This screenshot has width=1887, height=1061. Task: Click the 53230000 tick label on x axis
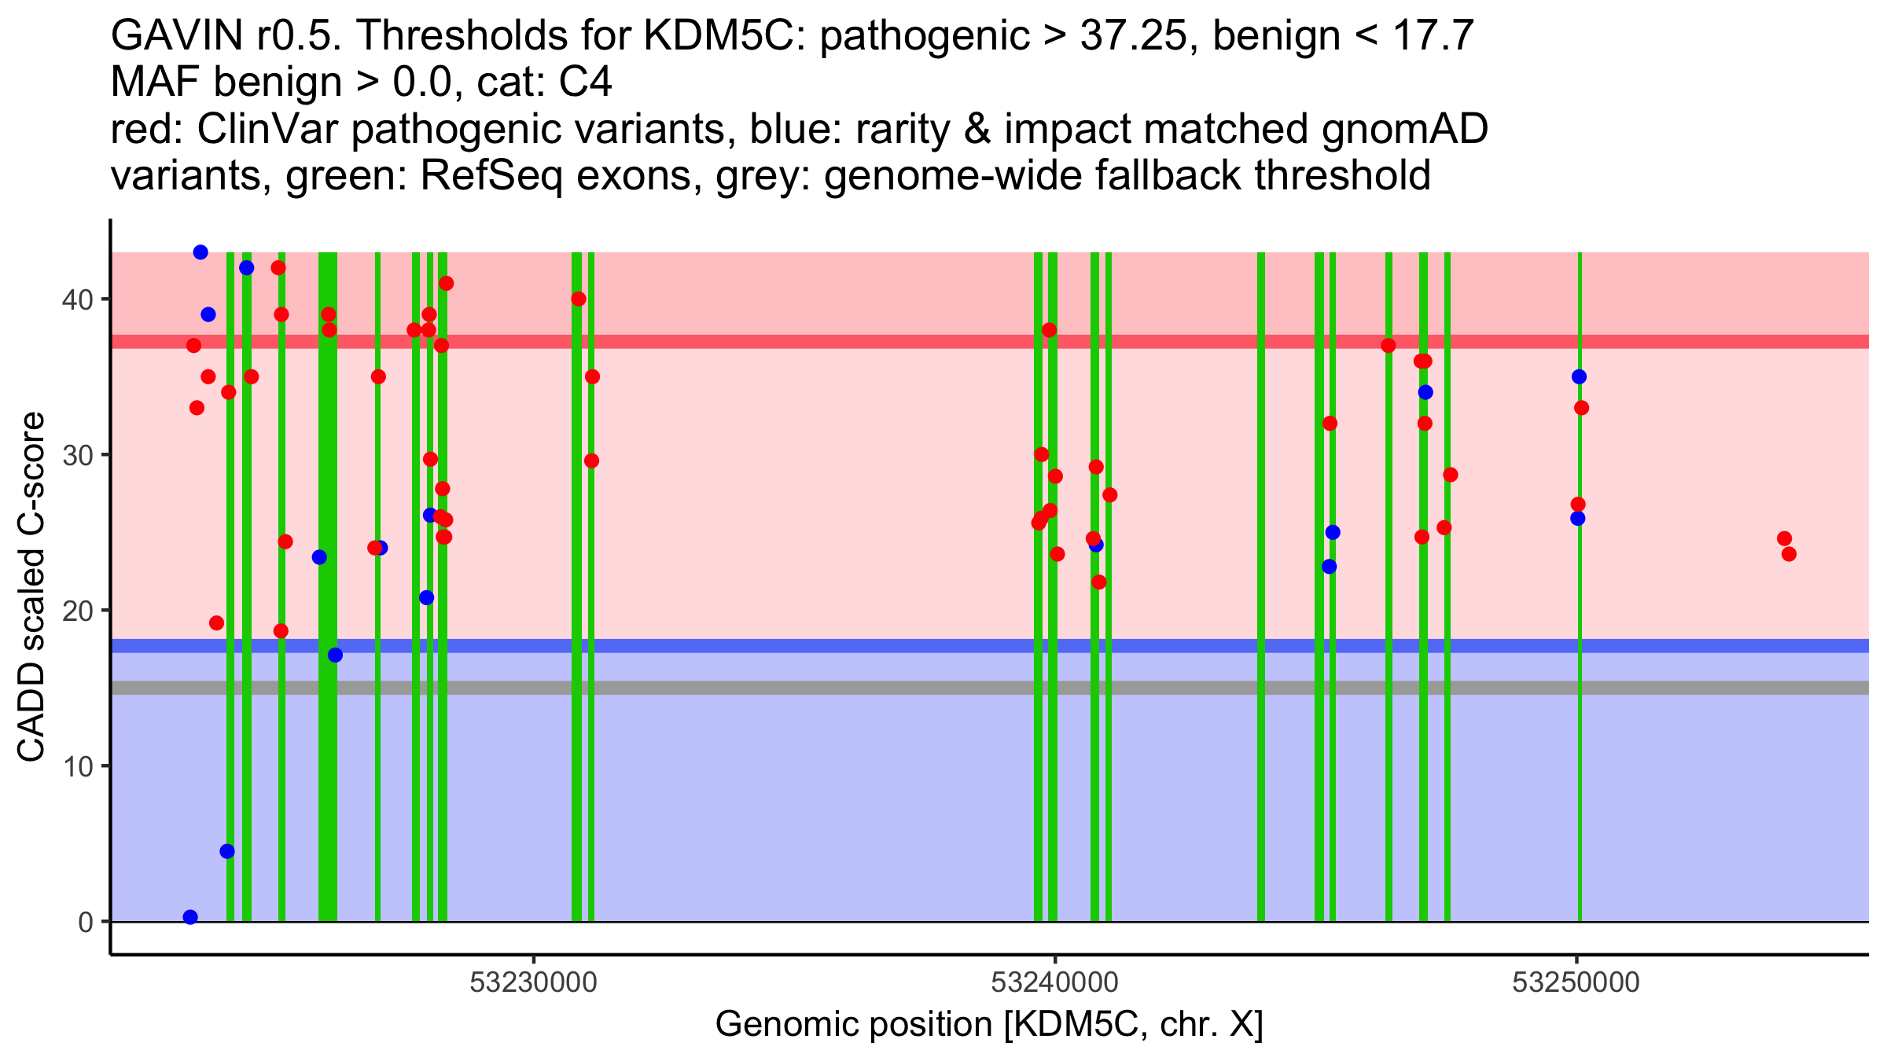tap(534, 982)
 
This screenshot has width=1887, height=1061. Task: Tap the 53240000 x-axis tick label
tap(1055, 982)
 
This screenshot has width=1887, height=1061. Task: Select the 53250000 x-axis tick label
tap(1576, 982)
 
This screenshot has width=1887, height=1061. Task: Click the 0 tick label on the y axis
tap(85, 922)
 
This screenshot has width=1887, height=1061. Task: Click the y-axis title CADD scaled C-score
tap(31, 587)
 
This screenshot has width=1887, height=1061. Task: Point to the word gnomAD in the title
tap(1404, 129)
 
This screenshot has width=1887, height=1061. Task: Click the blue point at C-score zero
tap(190, 917)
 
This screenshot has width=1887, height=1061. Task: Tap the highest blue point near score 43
tap(200, 252)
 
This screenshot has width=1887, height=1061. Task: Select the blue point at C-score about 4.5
tap(227, 851)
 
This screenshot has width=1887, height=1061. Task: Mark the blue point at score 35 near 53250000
tap(1579, 376)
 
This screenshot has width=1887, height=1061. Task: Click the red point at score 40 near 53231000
tap(579, 299)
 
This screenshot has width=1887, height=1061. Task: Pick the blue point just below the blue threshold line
tap(335, 655)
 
